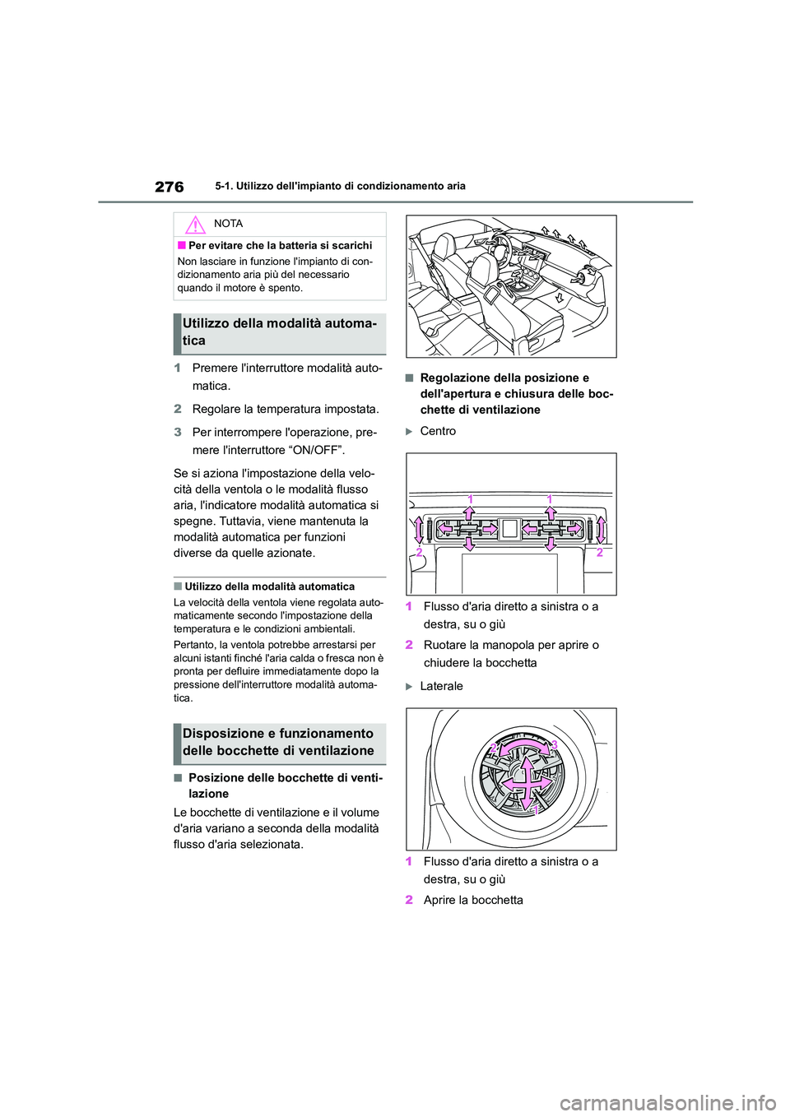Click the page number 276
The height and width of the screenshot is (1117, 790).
(x=169, y=187)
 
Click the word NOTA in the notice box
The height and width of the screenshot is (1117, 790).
(x=228, y=224)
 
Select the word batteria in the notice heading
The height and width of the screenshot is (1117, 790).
(x=290, y=245)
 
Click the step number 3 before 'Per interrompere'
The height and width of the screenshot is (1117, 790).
(x=177, y=433)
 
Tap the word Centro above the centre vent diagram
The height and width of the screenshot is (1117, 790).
(x=438, y=431)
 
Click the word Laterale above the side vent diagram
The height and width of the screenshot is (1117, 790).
(x=441, y=686)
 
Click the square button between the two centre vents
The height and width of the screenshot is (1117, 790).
(x=510, y=529)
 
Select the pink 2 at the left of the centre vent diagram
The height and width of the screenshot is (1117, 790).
(x=420, y=553)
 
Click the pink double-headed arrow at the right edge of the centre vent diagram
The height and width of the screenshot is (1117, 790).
(x=602, y=530)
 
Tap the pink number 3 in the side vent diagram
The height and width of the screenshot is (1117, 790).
(x=555, y=744)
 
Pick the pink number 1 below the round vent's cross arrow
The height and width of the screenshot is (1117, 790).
(x=534, y=810)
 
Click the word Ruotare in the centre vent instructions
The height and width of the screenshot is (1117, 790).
(x=444, y=645)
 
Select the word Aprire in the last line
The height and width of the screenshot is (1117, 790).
(x=440, y=900)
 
